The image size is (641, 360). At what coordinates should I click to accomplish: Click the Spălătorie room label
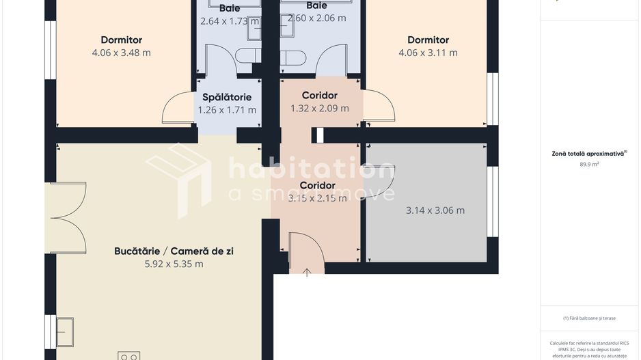click(x=227, y=97)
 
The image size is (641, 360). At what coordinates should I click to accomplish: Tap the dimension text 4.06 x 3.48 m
click(x=122, y=53)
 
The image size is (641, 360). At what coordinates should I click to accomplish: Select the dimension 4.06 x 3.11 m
click(x=428, y=53)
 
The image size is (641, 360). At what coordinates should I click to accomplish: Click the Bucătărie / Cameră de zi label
click(x=174, y=251)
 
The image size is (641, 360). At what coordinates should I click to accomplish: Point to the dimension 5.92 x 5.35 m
click(x=169, y=264)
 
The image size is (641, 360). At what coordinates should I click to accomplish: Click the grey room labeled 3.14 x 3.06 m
click(x=435, y=210)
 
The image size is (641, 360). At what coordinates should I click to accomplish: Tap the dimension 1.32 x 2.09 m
click(x=320, y=108)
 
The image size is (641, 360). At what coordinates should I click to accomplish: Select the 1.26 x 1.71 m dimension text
click(x=227, y=109)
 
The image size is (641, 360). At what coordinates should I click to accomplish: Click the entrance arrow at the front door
click(x=307, y=272)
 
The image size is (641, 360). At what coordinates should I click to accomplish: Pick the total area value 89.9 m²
click(x=589, y=165)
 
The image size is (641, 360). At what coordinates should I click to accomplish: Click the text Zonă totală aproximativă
click(x=588, y=154)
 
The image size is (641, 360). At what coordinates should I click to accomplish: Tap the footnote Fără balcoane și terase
click(x=589, y=318)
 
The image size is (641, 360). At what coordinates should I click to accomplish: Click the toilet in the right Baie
click(x=295, y=57)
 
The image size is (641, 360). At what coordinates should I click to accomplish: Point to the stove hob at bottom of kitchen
click(x=128, y=355)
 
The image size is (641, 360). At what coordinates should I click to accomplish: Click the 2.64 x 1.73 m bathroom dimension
click(x=230, y=21)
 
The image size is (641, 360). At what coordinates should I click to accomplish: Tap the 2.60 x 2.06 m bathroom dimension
click(x=316, y=18)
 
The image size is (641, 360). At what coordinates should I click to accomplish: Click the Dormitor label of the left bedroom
click(x=122, y=40)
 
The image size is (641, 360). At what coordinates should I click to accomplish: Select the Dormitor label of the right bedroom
click(x=428, y=40)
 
